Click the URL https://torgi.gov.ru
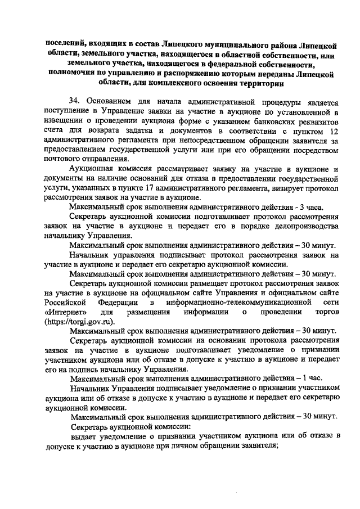point(79,322)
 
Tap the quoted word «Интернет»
point(61,312)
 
